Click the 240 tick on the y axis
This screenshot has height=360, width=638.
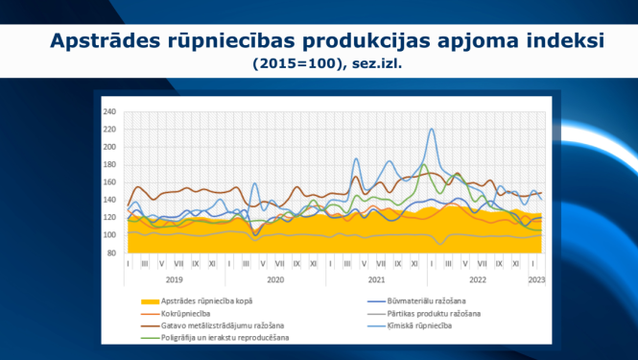(x=108, y=111)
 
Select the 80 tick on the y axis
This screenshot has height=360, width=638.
(x=110, y=252)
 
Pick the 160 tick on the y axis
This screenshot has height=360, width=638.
(x=108, y=181)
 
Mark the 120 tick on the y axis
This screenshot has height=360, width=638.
(x=108, y=217)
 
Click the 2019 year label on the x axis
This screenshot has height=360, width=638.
(x=174, y=279)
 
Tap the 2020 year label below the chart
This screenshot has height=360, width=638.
(x=275, y=279)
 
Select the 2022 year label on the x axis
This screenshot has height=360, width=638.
(x=477, y=279)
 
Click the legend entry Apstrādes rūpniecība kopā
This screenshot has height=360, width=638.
(x=207, y=300)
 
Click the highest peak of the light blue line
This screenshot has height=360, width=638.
(x=432, y=129)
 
